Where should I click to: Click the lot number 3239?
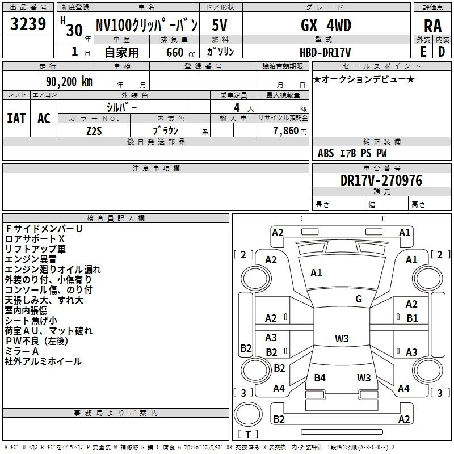tap(28, 24)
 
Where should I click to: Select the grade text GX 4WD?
tap(326, 25)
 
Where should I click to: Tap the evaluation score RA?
tap(433, 26)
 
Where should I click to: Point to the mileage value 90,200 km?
tap(69, 82)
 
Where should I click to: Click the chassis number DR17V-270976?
tap(381, 180)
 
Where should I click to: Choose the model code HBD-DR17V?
tap(325, 52)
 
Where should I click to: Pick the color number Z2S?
tap(94, 131)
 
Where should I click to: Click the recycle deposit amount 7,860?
tap(286, 131)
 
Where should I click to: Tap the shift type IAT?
tap(16, 119)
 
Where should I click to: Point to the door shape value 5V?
tap(220, 25)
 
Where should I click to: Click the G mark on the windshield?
tap(359, 299)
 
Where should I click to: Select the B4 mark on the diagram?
tap(320, 377)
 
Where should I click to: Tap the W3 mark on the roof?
tap(342, 338)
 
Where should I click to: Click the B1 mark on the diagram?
tap(412, 318)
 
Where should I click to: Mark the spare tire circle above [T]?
tap(248, 414)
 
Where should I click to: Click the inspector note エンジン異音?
tap(31, 259)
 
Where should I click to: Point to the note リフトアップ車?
tap(35, 249)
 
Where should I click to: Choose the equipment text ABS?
tap(326, 153)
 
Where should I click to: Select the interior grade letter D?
tap(442, 52)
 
